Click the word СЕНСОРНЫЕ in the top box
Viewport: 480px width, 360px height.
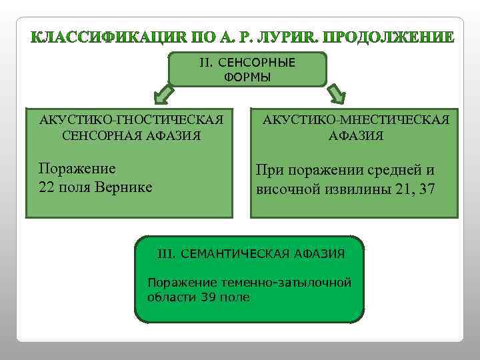[256, 63]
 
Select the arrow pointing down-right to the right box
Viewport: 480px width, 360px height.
[335, 94]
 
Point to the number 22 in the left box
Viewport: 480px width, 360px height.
[47, 187]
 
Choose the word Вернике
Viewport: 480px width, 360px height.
[125, 187]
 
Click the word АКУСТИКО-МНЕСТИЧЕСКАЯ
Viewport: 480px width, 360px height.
[356, 120]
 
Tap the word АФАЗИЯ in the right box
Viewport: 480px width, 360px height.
[356, 135]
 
